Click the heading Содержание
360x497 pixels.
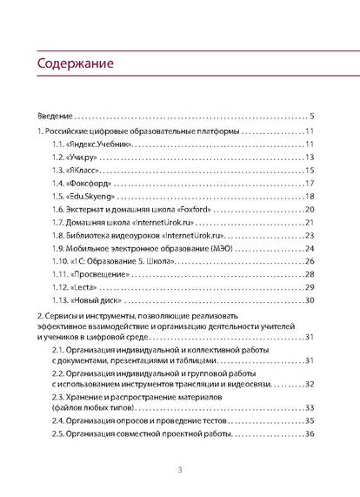tap(75, 66)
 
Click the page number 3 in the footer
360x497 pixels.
tap(179, 470)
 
